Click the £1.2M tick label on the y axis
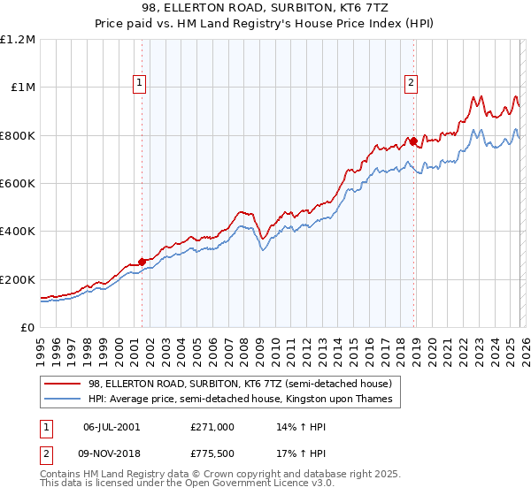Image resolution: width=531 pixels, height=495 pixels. point(18,40)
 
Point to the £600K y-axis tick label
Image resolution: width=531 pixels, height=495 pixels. point(18,184)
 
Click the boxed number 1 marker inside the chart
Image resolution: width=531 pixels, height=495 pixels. point(141,84)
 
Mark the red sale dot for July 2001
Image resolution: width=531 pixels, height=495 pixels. point(142,263)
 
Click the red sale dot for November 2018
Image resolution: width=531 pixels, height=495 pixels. point(413,141)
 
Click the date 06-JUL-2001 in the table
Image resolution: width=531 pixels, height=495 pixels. point(112,426)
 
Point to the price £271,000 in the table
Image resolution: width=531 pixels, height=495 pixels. point(212,426)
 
